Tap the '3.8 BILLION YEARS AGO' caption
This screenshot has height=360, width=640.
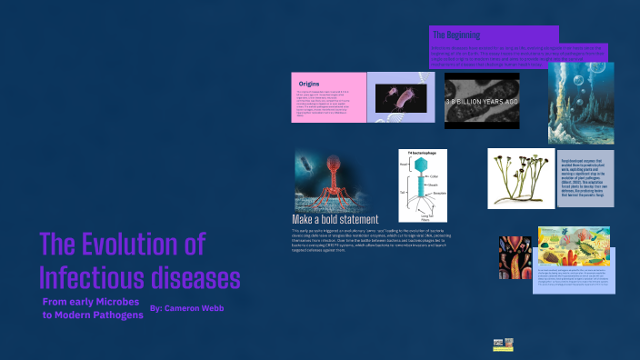482,102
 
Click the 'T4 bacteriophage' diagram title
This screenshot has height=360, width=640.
422,155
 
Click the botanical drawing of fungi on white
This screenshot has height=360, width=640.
521,178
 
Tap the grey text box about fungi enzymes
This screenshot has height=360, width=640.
586,179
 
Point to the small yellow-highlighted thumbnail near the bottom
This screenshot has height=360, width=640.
503,345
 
